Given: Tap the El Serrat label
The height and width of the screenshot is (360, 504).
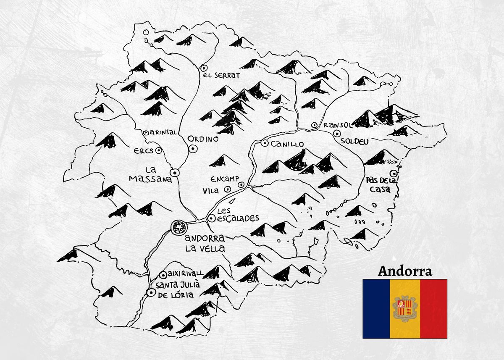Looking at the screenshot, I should click(x=221, y=76).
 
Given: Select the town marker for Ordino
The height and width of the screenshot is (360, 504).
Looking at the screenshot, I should click(x=193, y=148).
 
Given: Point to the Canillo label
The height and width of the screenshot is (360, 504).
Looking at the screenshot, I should click(x=287, y=144).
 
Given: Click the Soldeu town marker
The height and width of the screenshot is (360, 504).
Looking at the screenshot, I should click(x=337, y=133).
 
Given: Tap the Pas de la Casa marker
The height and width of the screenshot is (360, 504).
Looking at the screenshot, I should click(x=394, y=173).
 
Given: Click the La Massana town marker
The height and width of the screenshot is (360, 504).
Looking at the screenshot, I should click(x=175, y=172).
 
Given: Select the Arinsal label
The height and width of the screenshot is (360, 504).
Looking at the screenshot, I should click(x=163, y=132).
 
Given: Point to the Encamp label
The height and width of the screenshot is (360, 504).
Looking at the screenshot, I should click(x=225, y=178).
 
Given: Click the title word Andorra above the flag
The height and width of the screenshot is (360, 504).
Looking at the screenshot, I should click(x=405, y=271).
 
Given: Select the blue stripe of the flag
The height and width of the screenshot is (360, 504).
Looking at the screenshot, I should click(x=377, y=309).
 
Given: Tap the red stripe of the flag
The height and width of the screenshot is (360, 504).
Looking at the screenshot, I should click(x=433, y=309).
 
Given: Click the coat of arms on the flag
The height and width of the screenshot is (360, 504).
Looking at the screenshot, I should click(x=405, y=309).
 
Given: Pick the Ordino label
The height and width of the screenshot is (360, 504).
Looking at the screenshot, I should click(x=203, y=139).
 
